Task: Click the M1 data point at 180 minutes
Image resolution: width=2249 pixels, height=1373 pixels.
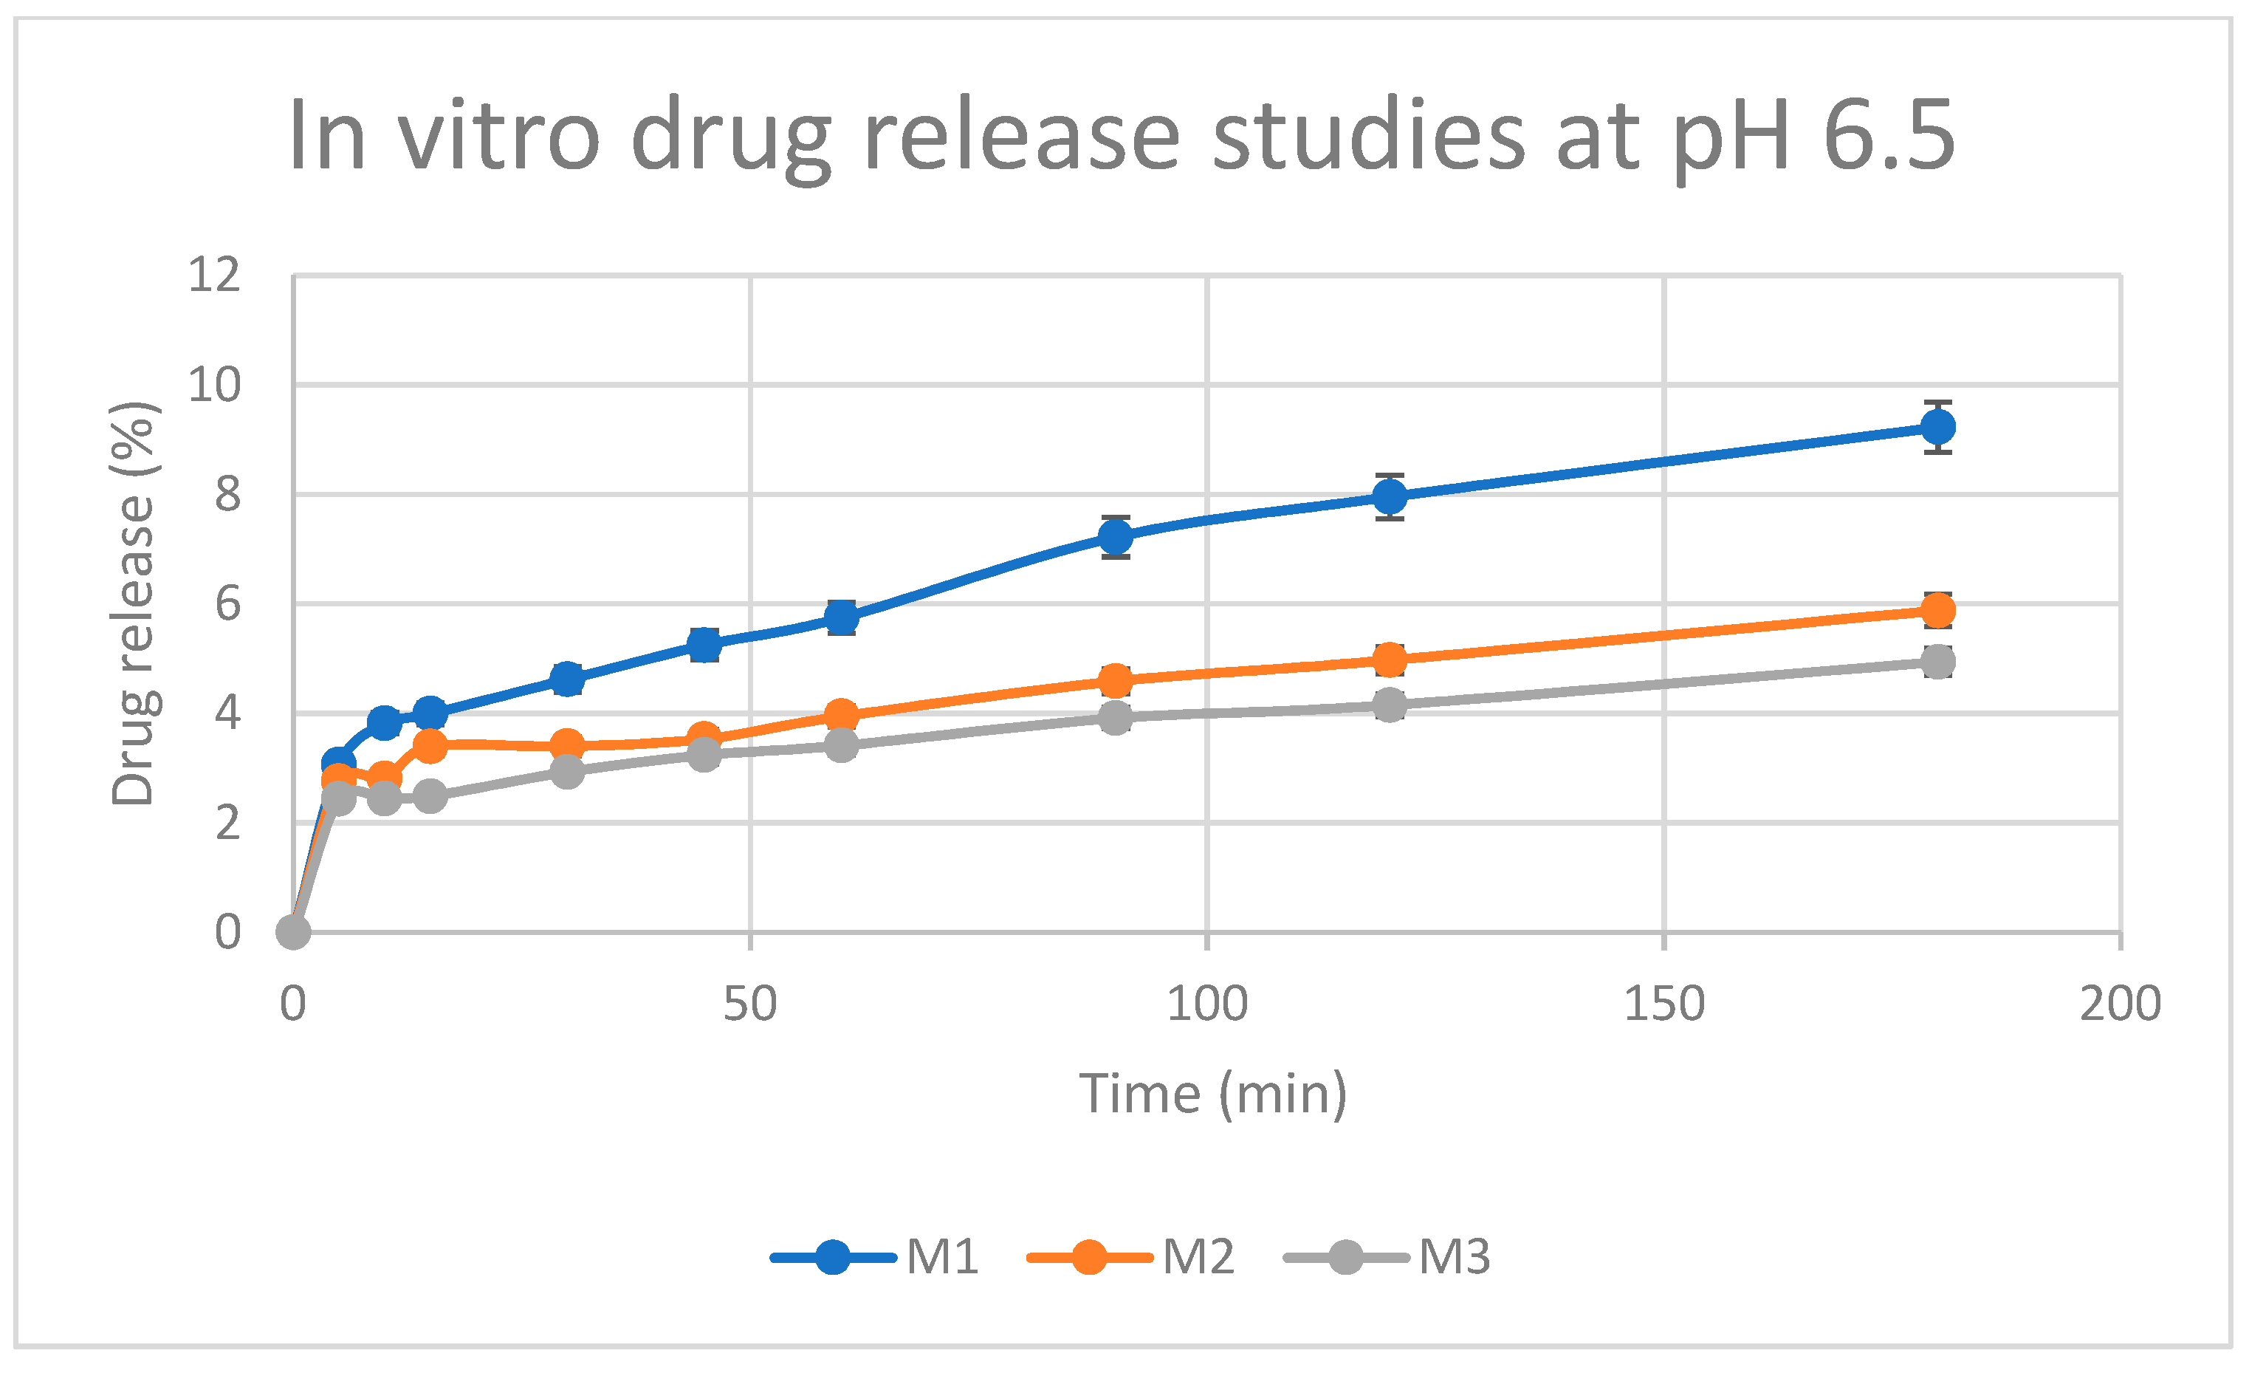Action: (x=1937, y=426)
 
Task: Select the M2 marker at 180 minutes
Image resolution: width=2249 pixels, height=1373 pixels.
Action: (x=1937, y=611)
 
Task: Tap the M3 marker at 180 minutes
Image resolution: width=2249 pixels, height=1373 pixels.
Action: (x=1937, y=662)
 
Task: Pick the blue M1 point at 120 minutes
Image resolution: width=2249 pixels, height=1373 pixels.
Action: (x=1389, y=496)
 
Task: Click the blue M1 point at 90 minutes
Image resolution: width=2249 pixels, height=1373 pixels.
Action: (x=1116, y=537)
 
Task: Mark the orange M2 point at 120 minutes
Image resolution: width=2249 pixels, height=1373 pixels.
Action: (x=1389, y=658)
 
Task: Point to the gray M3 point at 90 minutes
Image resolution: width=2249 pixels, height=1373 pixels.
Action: (x=1116, y=718)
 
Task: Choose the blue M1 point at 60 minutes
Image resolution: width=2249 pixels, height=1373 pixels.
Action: (x=842, y=617)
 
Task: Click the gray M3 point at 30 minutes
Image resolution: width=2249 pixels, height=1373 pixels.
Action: (x=567, y=771)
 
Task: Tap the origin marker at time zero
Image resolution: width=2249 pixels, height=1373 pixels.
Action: (x=293, y=932)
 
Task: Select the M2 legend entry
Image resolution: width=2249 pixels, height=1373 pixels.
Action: (x=1131, y=1257)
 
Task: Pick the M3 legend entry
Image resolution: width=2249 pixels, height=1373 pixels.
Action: (x=1387, y=1257)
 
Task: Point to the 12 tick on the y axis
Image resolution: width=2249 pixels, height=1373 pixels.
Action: (x=213, y=274)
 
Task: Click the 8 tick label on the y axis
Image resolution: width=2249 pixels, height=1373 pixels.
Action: (x=227, y=494)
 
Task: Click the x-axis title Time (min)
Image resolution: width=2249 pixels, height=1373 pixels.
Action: (x=1212, y=1094)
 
